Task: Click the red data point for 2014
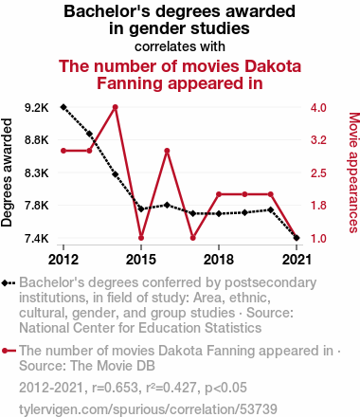click(x=116, y=107)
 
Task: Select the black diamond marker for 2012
click(x=63, y=107)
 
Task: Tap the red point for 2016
click(x=167, y=151)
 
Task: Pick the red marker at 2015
click(x=141, y=238)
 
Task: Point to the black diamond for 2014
click(x=116, y=174)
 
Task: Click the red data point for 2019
click(x=244, y=194)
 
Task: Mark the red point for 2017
click(x=193, y=238)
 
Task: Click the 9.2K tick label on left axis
click(x=37, y=108)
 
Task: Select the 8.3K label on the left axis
click(x=37, y=173)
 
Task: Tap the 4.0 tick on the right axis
click(x=318, y=108)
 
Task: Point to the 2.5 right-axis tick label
click(x=318, y=173)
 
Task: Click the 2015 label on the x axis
click(x=141, y=260)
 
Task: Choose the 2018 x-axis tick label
click(x=219, y=260)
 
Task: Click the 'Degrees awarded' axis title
click(x=7, y=172)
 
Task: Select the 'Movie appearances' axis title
click(x=353, y=172)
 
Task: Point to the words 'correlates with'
click(x=180, y=46)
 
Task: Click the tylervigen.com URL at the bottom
click(x=148, y=409)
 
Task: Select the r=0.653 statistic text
click(x=115, y=388)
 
